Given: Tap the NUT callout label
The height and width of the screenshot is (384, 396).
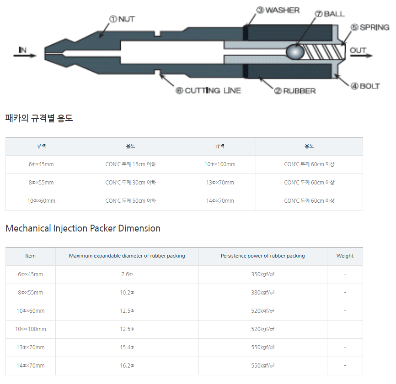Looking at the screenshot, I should [122, 19].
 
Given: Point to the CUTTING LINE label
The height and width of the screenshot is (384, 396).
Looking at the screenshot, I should [209, 90].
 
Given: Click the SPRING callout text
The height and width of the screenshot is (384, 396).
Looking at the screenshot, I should [370, 27].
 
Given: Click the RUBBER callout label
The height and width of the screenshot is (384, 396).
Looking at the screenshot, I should [295, 91].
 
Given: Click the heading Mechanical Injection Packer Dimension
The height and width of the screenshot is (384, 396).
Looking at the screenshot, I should [83, 228].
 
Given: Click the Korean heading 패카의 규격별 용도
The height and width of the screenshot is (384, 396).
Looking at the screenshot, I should [39, 118].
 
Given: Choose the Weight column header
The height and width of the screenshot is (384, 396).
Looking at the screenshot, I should [345, 256].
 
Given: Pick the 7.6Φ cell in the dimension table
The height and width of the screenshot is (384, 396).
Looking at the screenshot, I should [127, 274].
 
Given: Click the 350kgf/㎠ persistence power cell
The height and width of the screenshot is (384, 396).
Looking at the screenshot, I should [262, 274].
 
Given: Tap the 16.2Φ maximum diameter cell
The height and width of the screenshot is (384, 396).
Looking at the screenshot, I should [127, 366].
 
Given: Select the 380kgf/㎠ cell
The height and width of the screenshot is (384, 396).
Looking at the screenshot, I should [262, 293].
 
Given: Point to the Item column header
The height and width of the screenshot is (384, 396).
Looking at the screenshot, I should [30, 256].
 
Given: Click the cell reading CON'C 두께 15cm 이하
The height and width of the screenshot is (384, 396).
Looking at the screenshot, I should [130, 164].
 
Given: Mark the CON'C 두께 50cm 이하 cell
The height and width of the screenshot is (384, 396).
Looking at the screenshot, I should [130, 201].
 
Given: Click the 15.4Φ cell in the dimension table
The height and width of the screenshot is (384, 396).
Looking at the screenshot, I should [127, 347].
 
